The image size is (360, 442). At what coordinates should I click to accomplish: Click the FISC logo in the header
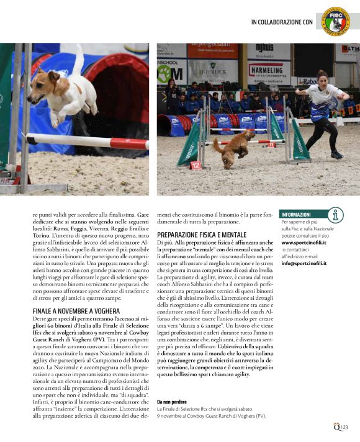[335, 20]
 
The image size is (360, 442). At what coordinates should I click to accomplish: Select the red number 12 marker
[196, 165]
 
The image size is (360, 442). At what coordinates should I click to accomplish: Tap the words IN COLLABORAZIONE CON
[282, 22]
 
